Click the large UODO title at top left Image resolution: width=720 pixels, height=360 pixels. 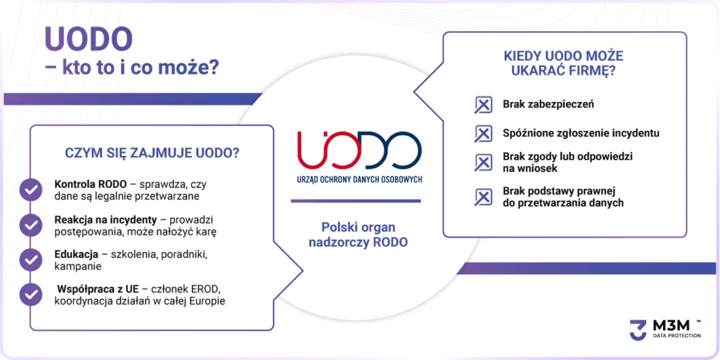click(89, 39)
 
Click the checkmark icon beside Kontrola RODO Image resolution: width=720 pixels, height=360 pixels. click(31, 190)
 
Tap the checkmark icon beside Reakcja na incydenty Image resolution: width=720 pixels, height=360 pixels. click(31, 225)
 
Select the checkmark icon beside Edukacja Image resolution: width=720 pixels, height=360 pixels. click(31, 259)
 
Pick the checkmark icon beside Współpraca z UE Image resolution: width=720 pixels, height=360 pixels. click(31, 295)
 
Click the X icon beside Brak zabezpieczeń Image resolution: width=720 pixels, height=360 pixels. click(483, 105)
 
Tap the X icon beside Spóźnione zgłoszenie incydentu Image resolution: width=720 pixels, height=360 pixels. click(483, 134)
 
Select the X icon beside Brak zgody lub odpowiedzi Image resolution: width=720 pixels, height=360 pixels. click(483, 162)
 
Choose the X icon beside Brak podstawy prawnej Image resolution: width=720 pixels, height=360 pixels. click(483, 197)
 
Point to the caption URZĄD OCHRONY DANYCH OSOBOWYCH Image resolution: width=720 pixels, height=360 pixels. click(359, 180)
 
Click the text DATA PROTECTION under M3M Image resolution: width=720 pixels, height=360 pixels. click(677, 335)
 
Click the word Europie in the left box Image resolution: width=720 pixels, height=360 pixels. click(208, 302)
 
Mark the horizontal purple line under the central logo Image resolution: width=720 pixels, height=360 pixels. click(356, 200)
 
